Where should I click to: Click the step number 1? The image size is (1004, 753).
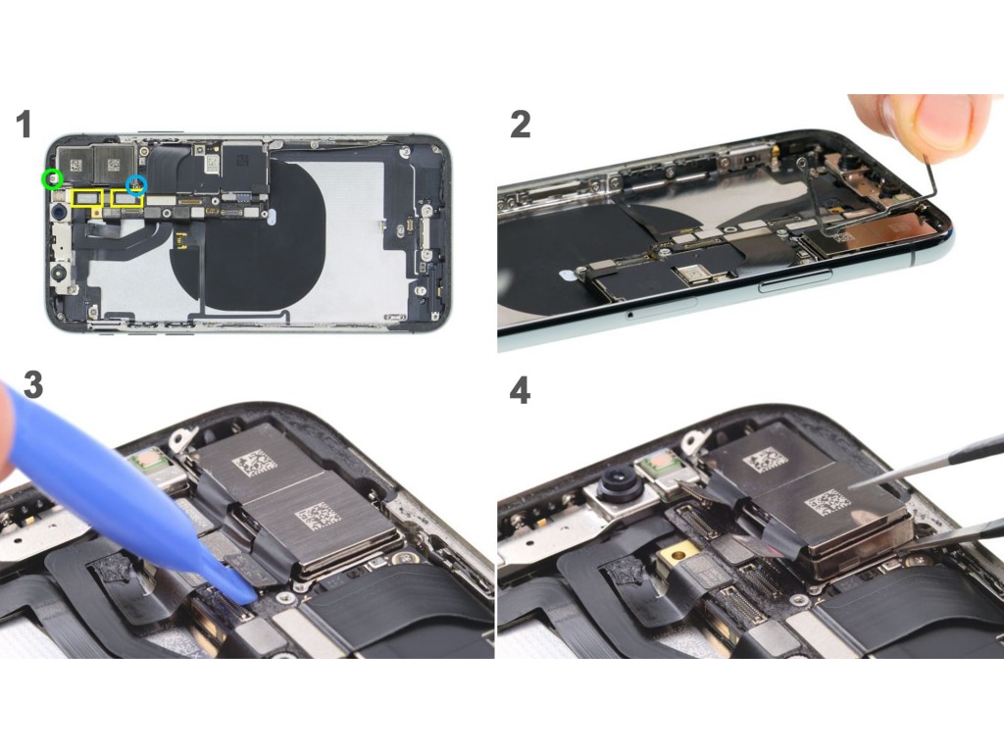(24, 124)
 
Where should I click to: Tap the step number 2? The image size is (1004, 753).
(520, 124)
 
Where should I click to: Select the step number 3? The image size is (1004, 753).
(32, 384)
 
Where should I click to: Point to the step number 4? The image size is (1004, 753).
(520, 390)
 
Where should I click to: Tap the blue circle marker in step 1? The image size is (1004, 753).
(136, 184)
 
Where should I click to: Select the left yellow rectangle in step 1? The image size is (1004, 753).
(87, 198)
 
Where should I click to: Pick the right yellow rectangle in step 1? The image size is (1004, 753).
(127, 198)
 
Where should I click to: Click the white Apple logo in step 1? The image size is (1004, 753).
(272, 217)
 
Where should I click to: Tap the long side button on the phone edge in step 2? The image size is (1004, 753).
(794, 280)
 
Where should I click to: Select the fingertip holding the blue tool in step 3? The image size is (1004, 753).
(8, 435)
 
